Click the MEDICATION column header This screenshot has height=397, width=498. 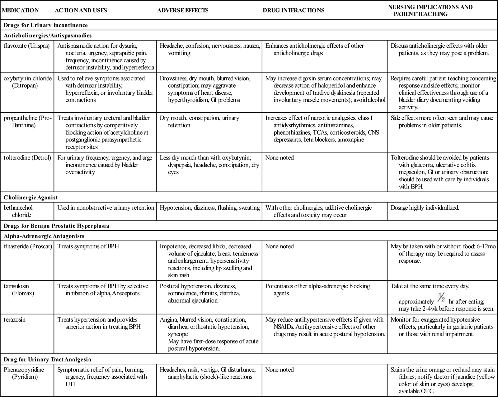pos(21,10)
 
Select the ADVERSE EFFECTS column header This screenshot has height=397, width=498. pos(183,10)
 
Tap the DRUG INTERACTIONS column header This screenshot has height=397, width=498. pos(293,10)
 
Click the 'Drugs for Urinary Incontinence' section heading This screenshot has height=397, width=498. pos(46,25)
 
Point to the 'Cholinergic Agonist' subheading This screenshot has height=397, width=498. pos(31,198)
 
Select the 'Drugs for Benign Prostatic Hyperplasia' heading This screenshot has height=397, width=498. pos(56,226)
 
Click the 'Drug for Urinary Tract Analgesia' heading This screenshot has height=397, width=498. pos(47,359)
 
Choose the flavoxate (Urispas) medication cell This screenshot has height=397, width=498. pos(27,46)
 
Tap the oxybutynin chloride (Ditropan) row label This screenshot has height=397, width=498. pos(27,82)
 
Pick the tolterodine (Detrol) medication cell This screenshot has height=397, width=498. pos(27,158)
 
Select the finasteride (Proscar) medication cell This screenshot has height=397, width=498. pos(28,246)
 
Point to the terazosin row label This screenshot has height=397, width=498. pos(14,320)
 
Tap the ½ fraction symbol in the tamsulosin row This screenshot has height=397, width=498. pos(441,298)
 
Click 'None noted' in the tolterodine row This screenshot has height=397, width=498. pos(280,158)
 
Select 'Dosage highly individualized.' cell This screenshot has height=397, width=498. pos(425,208)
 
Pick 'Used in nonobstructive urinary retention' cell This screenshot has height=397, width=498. pos(106,208)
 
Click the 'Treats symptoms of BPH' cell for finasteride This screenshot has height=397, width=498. pos(88,246)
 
